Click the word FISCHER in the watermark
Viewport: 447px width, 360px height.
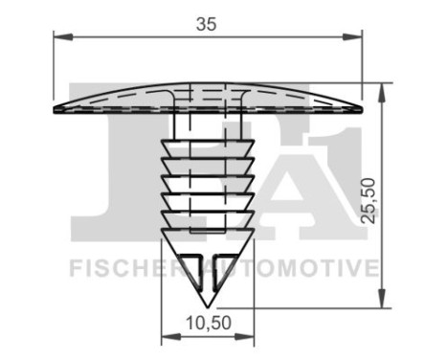point(115,268)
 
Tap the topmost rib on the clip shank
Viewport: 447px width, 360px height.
point(207,146)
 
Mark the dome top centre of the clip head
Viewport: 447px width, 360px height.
point(207,83)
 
